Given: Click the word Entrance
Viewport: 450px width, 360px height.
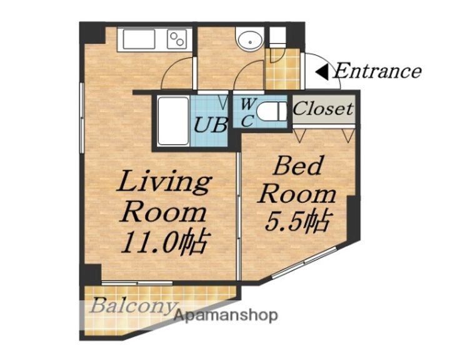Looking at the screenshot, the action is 377,71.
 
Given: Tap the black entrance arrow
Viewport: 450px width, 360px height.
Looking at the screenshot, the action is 321,72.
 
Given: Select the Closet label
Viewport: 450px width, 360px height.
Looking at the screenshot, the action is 323,109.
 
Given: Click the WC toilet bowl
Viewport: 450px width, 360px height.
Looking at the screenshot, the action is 271,112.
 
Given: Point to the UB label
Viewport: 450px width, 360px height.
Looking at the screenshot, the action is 211,124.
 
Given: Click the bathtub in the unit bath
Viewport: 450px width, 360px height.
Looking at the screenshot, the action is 173,121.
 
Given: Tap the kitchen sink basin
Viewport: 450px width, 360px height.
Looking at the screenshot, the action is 139,39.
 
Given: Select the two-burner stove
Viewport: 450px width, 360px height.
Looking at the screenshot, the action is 177,39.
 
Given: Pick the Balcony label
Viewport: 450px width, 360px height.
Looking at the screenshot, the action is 132,306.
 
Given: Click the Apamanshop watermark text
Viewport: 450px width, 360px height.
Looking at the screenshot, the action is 226,316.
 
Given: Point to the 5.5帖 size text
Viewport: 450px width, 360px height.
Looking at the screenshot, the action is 297,221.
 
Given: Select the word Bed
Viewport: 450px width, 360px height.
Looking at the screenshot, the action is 297,166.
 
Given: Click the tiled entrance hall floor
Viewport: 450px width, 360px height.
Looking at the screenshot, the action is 282,69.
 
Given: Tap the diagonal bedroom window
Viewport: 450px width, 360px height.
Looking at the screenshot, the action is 304,262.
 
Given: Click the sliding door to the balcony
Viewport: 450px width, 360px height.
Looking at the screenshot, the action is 137,283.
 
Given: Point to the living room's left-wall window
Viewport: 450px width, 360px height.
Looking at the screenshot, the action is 82,117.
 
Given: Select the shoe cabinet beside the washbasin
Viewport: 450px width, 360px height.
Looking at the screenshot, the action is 277,37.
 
